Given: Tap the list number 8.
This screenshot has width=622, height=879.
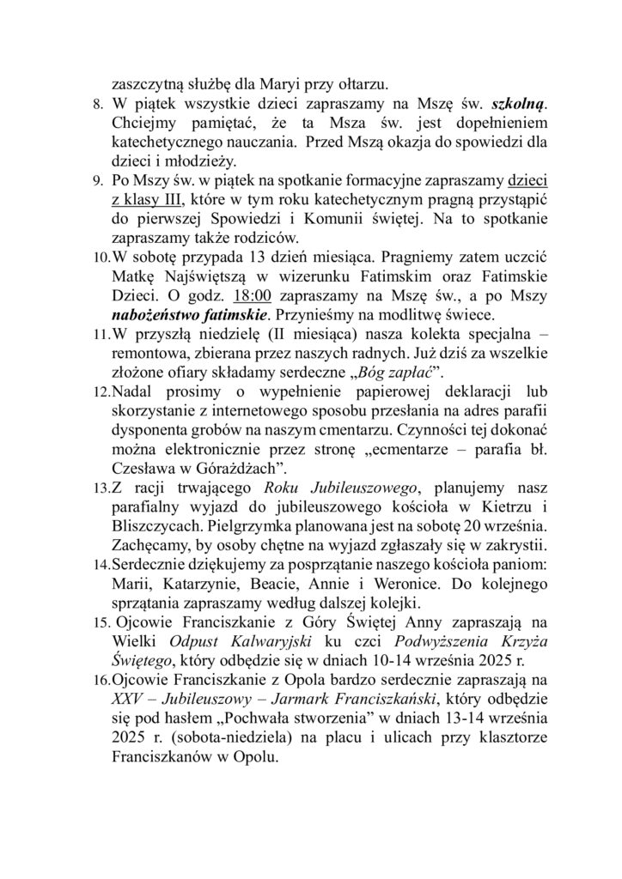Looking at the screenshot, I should tap(97, 105).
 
